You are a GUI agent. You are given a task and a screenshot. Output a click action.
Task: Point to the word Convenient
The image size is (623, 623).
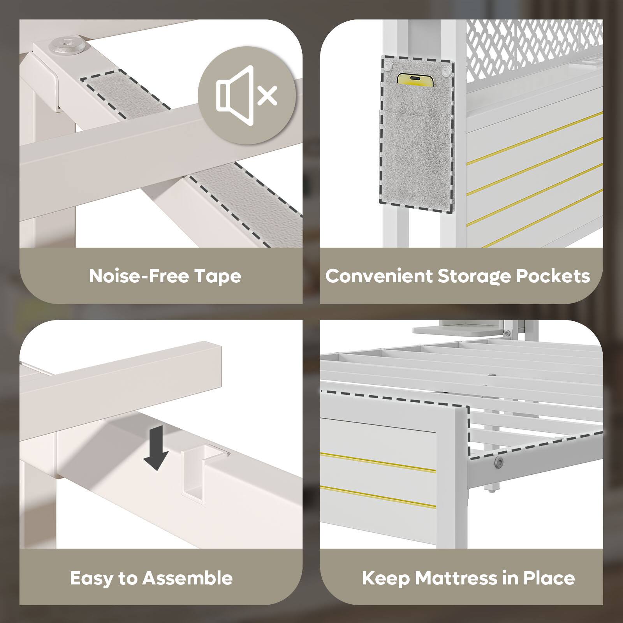click(379, 276)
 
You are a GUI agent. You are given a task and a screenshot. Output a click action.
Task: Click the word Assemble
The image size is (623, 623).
click(187, 578)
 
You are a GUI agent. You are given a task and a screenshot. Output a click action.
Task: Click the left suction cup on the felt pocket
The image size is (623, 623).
click(388, 69)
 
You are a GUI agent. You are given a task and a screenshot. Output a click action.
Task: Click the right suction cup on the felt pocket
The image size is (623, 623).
click(445, 71)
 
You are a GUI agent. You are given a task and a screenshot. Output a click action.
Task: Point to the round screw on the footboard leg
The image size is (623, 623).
click(498, 462)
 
